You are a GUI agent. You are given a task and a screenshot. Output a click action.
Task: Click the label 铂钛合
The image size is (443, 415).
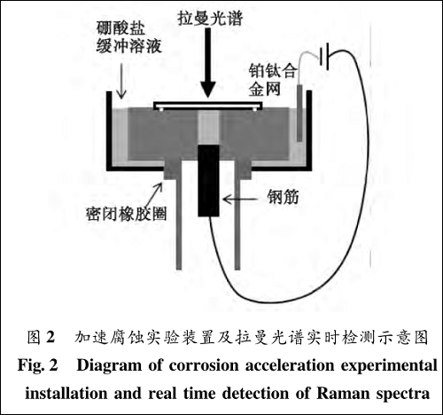272,69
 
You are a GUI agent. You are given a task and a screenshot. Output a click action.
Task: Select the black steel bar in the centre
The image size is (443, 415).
209,182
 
